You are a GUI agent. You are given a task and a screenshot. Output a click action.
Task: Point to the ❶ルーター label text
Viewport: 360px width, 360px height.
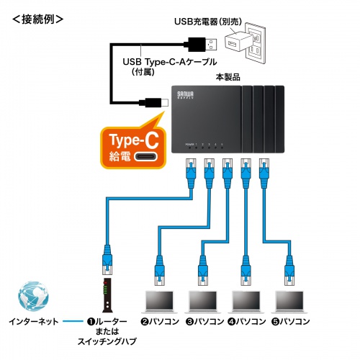(111, 321)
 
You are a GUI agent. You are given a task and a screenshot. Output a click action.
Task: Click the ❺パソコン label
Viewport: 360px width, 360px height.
(291, 321)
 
